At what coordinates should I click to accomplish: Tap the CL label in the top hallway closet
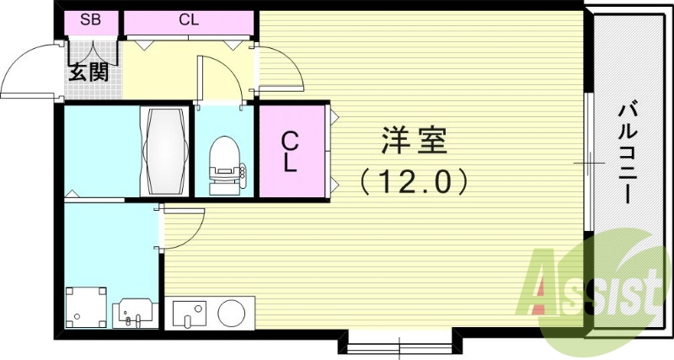[x=189, y=20]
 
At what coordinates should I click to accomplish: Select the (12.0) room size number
[x=411, y=180]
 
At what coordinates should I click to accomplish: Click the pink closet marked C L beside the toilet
[x=290, y=151]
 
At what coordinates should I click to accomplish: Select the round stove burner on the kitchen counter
[x=233, y=313]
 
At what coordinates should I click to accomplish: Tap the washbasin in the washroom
[x=136, y=311]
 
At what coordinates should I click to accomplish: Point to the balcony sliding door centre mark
[x=590, y=161]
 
